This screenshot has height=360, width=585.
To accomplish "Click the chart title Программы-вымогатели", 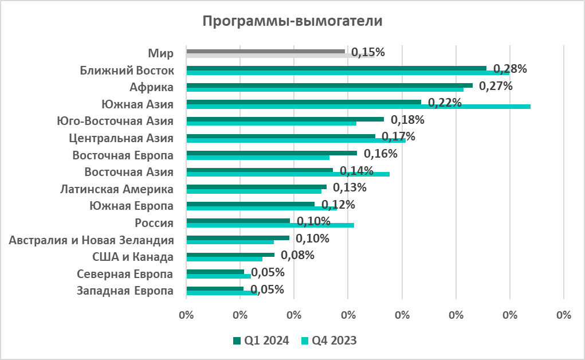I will coord(292,22).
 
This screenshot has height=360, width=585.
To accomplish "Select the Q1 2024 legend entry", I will coord(257,341).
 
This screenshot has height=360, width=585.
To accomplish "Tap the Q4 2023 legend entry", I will coord(329,341).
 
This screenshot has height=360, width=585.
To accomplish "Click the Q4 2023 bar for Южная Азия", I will coord(358,107).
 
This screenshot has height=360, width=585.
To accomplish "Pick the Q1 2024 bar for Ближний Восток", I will coord(336,68).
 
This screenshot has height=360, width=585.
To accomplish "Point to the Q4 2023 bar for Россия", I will coord(270,225).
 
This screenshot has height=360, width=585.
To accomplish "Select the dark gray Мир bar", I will coord(265,51).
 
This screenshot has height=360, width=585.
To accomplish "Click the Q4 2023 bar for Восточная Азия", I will coord(288,174).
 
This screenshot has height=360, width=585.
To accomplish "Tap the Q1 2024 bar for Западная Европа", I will coord(215,288).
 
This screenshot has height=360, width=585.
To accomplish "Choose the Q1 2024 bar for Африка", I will coord(329,85).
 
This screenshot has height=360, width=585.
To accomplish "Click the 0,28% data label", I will coord(510,69).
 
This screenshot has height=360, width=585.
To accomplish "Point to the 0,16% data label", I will coord(380,154).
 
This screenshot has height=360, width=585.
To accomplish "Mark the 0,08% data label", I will coord(297,255).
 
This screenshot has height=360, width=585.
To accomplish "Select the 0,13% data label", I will coord(350,187).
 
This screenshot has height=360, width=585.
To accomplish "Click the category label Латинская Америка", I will coord(117,189).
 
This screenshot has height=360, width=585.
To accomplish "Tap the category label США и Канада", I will coord(133,257).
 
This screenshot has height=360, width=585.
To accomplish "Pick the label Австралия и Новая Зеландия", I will coord(92,240).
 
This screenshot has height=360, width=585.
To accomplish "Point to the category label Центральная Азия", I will coord(121,138).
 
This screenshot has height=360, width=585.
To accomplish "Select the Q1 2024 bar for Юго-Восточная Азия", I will coord(285,119).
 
